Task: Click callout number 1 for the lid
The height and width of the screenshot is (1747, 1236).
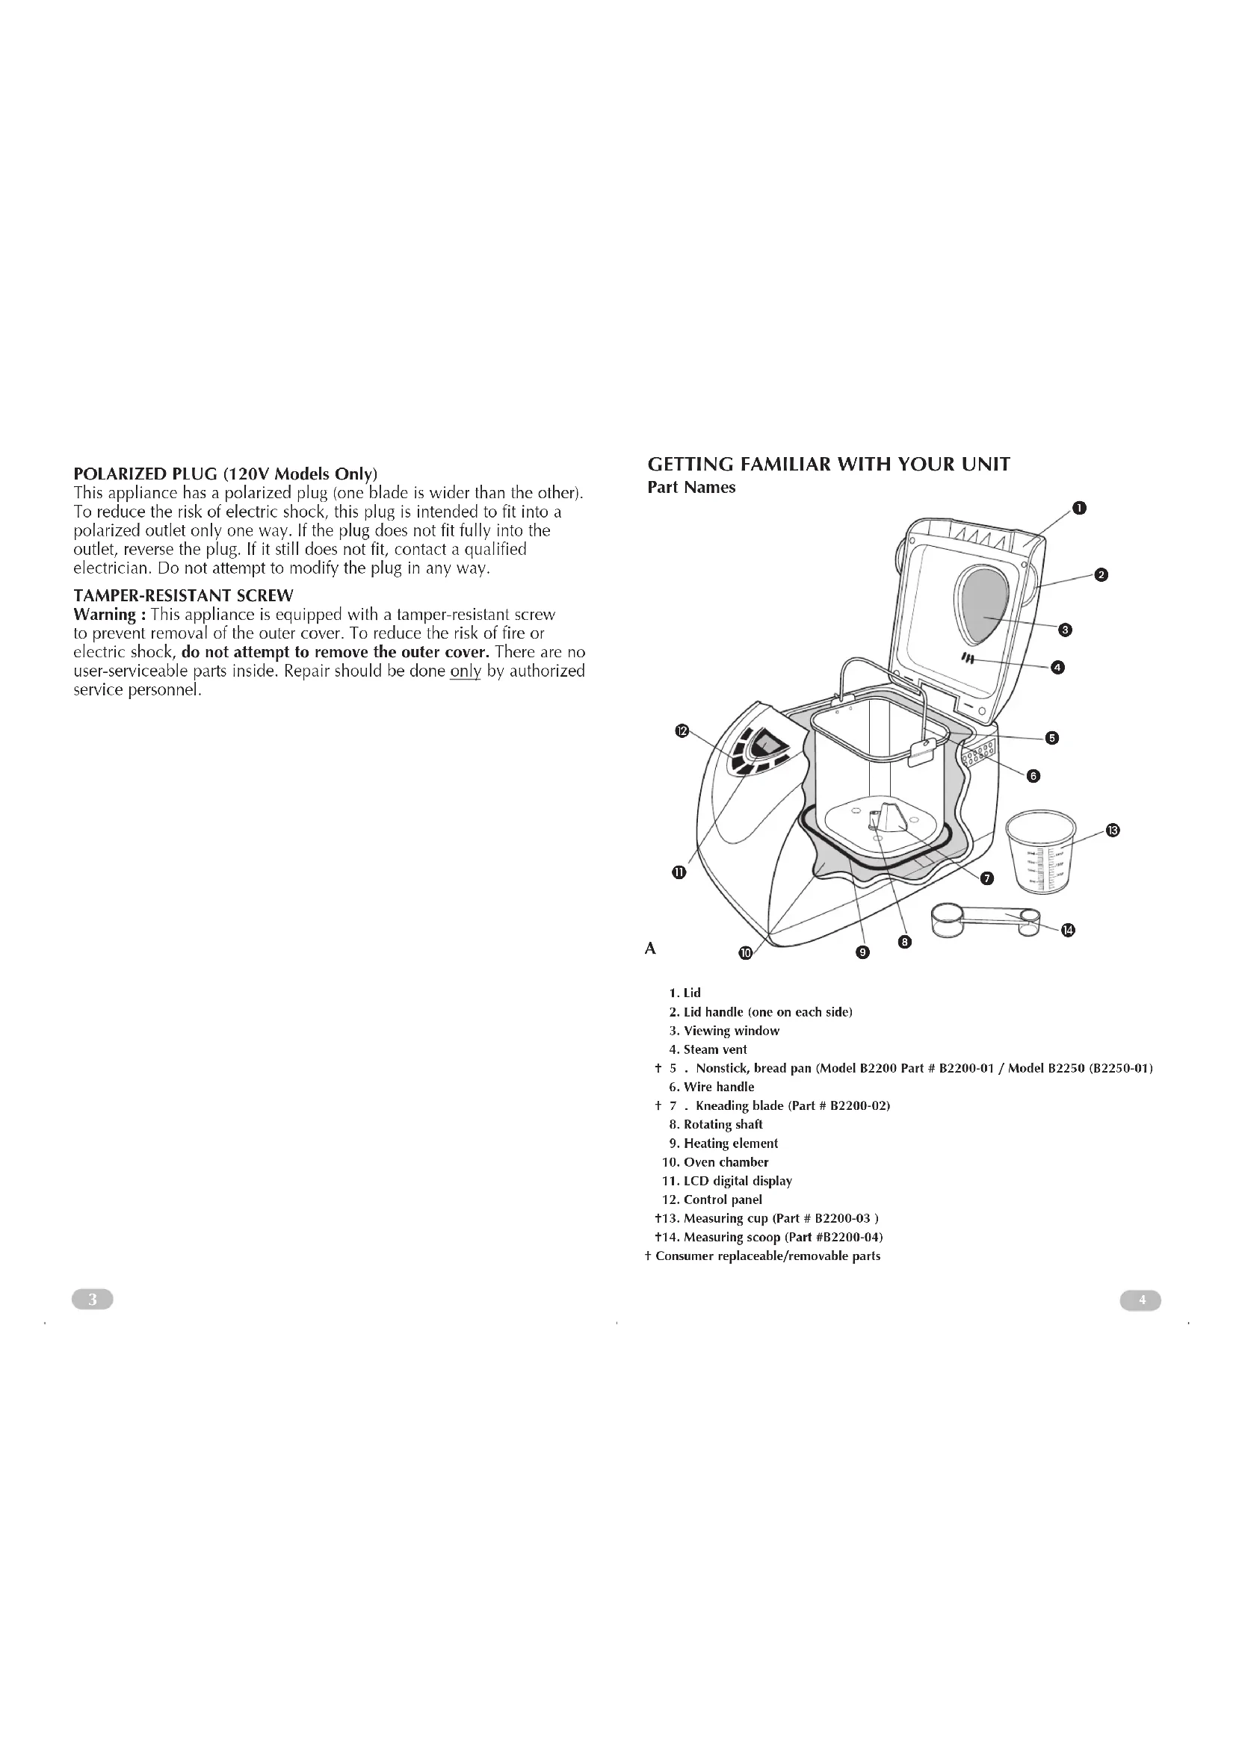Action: (x=1078, y=509)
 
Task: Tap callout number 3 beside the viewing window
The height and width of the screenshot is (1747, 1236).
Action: (x=1066, y=629)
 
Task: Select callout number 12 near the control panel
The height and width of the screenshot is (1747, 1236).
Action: (x=682, y=731)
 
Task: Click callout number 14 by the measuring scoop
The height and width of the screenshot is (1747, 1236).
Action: (x=1068, y=930)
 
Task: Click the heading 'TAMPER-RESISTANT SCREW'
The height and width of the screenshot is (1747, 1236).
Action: (x=182, y=595)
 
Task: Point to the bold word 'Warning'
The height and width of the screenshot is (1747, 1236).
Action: (x=105, y=614)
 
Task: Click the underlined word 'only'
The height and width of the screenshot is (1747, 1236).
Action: (x=465, y=671)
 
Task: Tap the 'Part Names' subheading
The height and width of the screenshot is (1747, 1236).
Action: (x=691, y=487)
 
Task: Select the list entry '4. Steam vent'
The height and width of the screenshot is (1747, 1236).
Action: (x=708, y=1049)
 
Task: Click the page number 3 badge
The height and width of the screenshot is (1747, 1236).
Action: (x=92, y=1300)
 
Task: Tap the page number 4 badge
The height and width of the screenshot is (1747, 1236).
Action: (x=1140, y=1300)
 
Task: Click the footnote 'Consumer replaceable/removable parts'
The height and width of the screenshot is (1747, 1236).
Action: (x=763, y=1256)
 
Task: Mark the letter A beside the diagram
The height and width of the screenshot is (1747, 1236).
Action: (x=650, y=948)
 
